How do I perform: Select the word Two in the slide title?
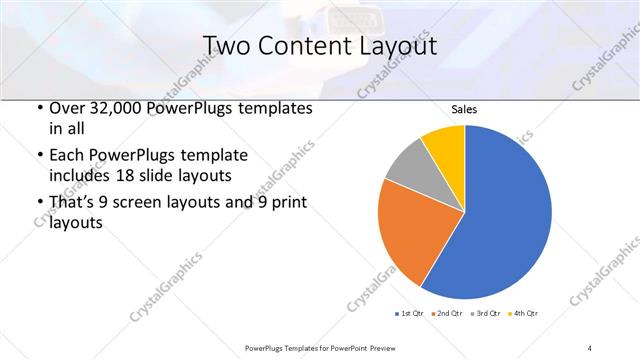[226, 46]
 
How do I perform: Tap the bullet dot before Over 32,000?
[38, 108]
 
